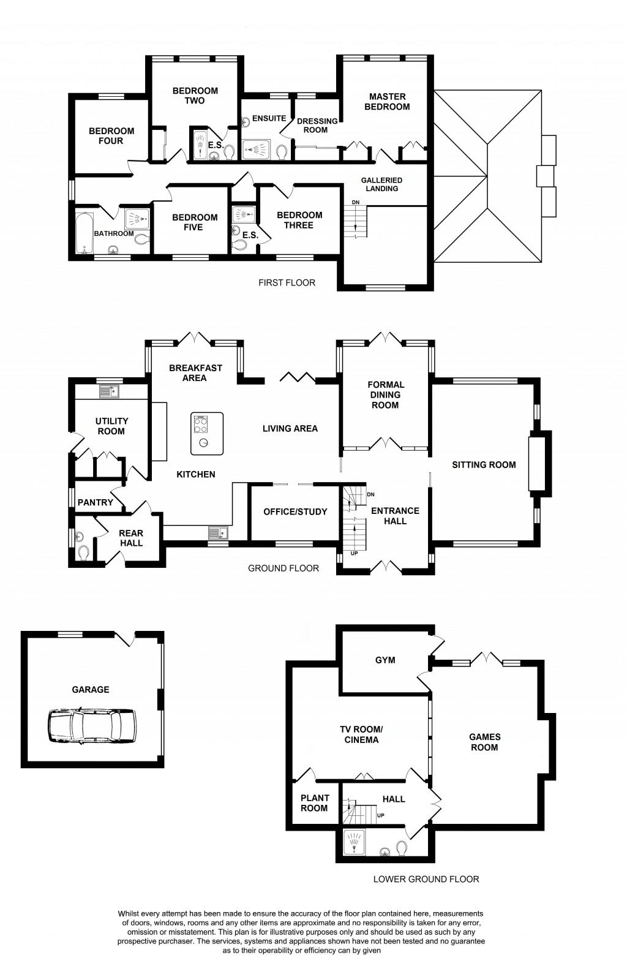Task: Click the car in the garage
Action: point(92,726)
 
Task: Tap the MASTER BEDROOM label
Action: point(387,102)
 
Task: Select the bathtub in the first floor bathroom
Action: point(83,233)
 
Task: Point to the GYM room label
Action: point(385,660)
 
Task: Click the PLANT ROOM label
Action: point(314,803)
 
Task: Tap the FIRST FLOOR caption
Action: point(287,283)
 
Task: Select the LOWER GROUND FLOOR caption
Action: point(426,879)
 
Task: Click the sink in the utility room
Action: point(110,391)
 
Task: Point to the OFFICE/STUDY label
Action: point(295,511)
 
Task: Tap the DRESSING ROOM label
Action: point(317,126)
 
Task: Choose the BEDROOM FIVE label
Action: point(194,222)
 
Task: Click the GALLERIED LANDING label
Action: point(381,184)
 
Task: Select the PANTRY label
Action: point(96,502)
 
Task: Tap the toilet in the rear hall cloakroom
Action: point(83,553)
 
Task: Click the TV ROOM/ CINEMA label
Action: point(361,734)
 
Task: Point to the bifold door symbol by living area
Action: point(296,377)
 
